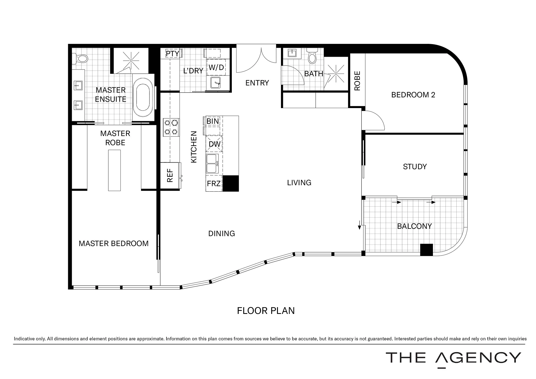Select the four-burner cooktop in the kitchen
pyautogui.click(x=171, y=127)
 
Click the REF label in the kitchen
pyautogui.click(x=170, y=175)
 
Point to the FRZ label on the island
pyautogui.click(x=214, y=183)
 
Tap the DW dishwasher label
pyautogui.click(x=215, y=144)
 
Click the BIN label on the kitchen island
pyautogui.click(x=213, y=121)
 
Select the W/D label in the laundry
pyautogui.click(x=216, y=67)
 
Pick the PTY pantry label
pyautogui.click(x=172, y=53)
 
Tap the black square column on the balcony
pyautogui.click(x=427, y=250)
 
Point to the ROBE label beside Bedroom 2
pyautogui.click(x=357, y=81)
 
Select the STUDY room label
pyautogui.click(x=415, y=167)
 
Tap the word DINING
pyautogui.click(x=221, y=233)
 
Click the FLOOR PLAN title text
pyautogui.click(x=266, y=311)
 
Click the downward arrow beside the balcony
pyautogui.click(x=359, y=225)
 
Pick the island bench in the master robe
pyautogui.click(x=115, y=170)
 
